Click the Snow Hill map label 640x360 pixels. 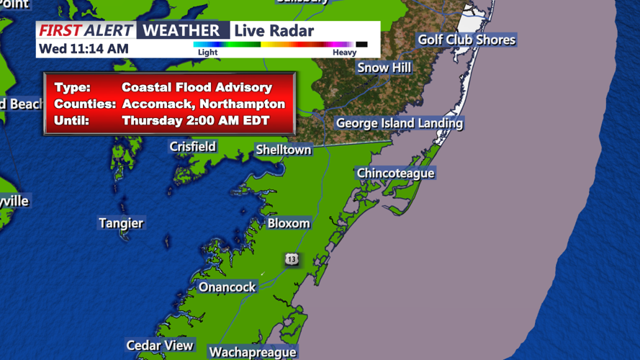(384, 67)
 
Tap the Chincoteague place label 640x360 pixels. (395, 174)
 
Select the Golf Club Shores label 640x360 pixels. (467, 40)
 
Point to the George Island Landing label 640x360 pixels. (399, 123)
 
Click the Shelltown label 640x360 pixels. (284, 150)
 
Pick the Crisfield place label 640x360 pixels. (192, 147)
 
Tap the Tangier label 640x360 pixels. (121, 223)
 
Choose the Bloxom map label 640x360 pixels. (289, 223)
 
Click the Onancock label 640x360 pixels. (227, 287)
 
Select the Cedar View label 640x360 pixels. (160, 346)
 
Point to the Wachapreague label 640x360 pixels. (252, 352)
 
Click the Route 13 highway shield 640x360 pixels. (291, 259)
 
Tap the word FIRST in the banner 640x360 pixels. (60, 30)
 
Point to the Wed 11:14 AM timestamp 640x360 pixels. (84, 48)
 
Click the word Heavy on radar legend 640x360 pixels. (344, 53)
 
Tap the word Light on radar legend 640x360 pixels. (207, 53)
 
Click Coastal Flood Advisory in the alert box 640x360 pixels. (197, 87)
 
